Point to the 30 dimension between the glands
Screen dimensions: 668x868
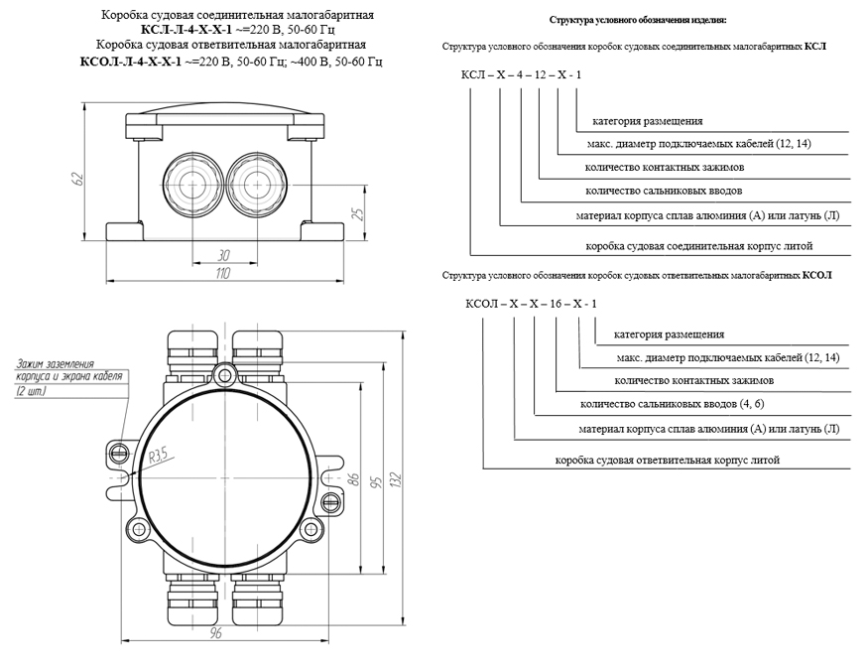224,255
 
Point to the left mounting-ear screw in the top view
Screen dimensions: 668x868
120,453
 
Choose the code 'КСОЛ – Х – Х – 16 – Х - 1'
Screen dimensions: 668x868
525,303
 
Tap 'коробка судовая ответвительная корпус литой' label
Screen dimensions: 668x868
668,460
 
